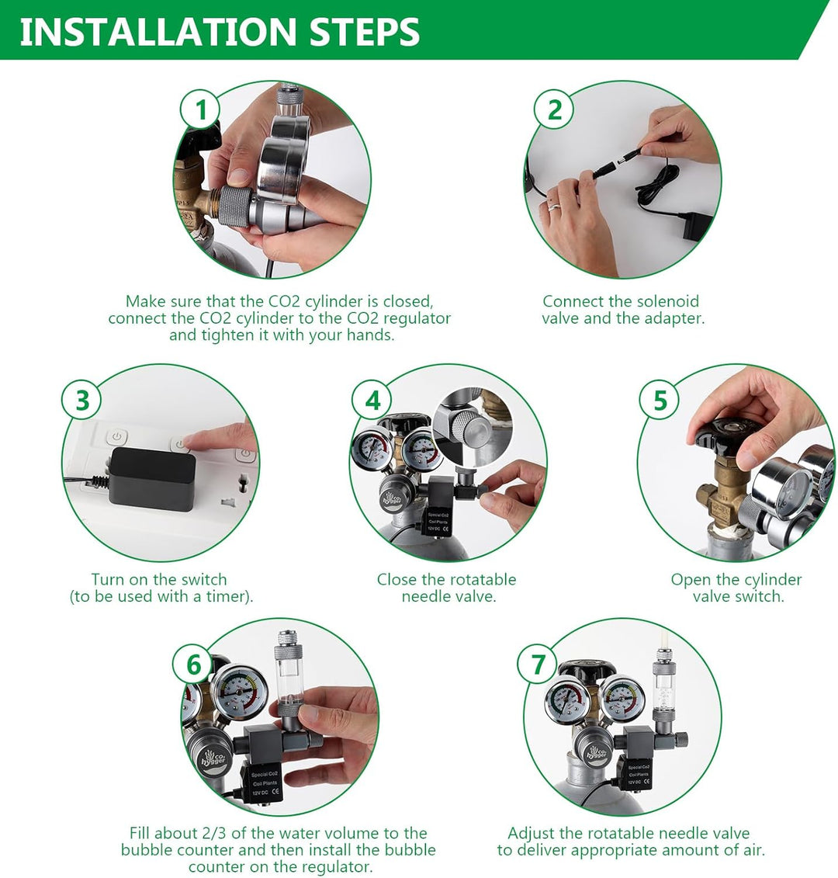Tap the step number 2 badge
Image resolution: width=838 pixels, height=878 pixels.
tap(554, 109)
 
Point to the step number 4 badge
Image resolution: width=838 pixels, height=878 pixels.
tap(373, 401)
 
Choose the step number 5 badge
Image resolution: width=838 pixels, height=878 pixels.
tap(660, 401)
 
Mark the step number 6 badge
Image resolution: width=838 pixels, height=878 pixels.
tap(193, 665)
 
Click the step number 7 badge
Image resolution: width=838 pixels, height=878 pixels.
tap(538, 665)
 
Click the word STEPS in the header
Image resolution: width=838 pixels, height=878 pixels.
tap(365, 32)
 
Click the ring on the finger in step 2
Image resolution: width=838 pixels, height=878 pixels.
tap(553, 206)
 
